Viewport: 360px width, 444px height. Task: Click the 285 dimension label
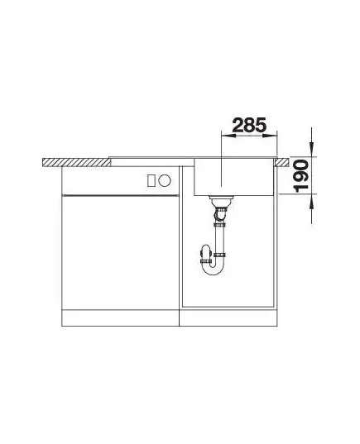coord(249,126)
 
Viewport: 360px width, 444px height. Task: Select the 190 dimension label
coord(301,176)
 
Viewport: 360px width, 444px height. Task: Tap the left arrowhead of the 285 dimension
coord(228,136)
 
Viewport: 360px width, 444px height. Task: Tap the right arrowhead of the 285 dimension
coord(270,136)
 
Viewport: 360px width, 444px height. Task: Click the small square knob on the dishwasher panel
coord(151,180)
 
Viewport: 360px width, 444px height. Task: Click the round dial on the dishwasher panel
coord(165,180)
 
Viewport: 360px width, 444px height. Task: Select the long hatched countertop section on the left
coord(76,162)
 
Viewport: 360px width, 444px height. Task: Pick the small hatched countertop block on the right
coord(281,162)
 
